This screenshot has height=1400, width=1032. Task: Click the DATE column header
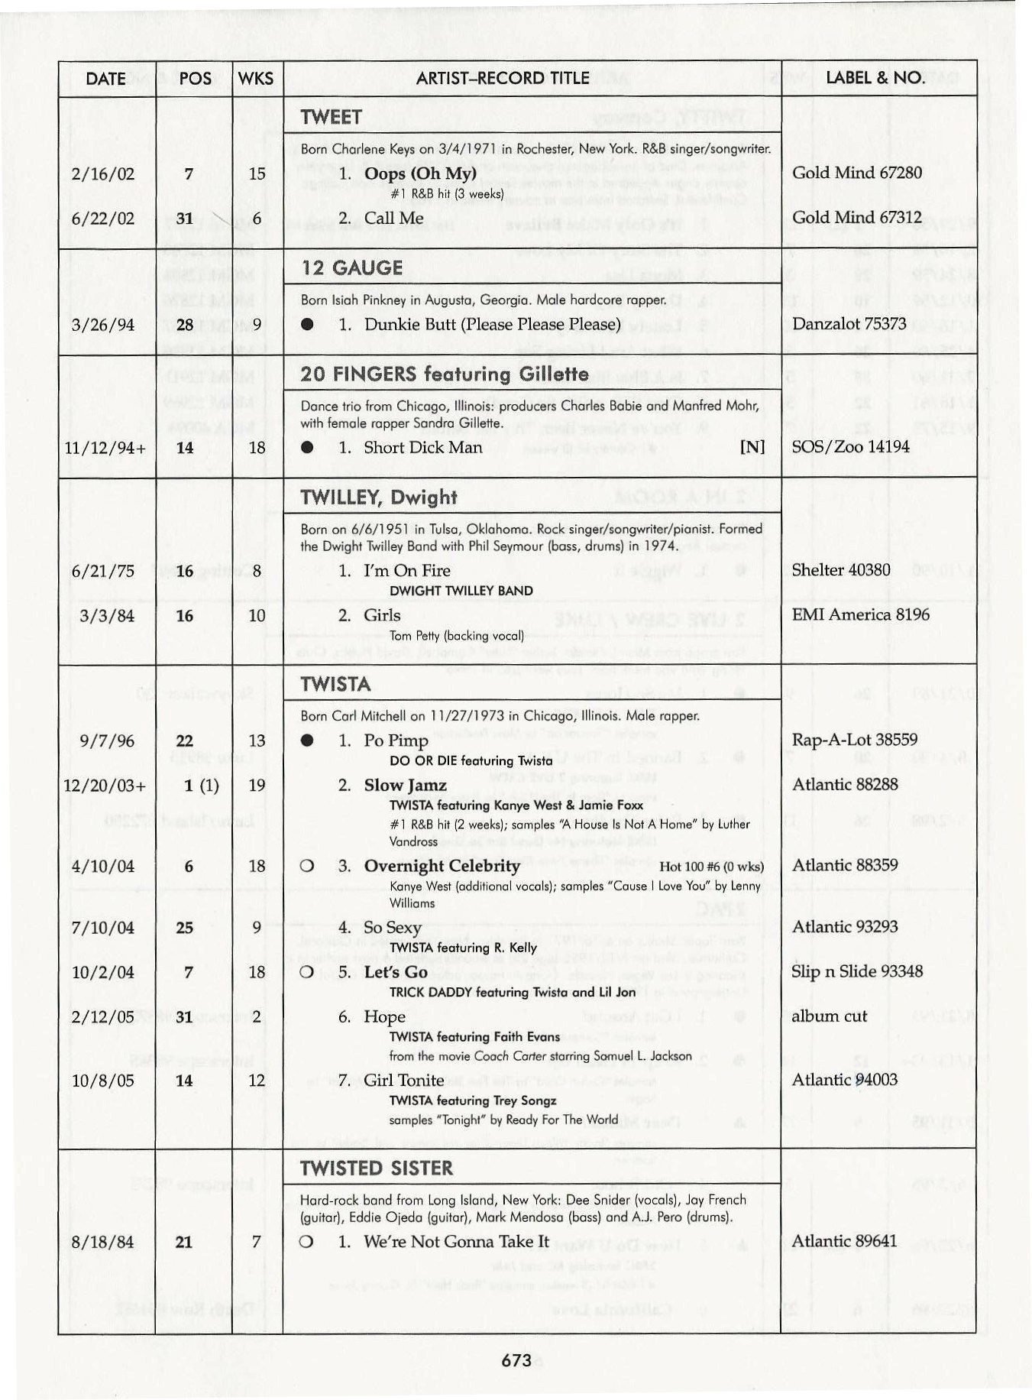[x=105, y=79]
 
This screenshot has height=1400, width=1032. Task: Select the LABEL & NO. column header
[x=875, y=78]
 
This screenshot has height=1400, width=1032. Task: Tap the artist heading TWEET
[x=331, y=117]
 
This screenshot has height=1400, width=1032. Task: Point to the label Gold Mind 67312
[x=856, y=218]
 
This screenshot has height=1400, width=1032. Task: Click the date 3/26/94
[x=102, y=325]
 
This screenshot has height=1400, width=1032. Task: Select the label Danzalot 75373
[x=849, y=324]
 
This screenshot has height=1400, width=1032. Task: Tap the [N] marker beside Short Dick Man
[x=752, y=447]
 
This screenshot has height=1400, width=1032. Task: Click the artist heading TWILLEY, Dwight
[x=379, y=497]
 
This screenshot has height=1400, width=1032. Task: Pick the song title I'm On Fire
[x=407, y=571]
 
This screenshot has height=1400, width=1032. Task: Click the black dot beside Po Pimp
[x=307, y=741]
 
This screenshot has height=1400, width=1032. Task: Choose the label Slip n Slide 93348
[x=857, y=972]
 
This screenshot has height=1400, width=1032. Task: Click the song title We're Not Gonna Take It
[x=456, y=1241]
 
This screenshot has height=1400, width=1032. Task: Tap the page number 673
[x=516, y=1359]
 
